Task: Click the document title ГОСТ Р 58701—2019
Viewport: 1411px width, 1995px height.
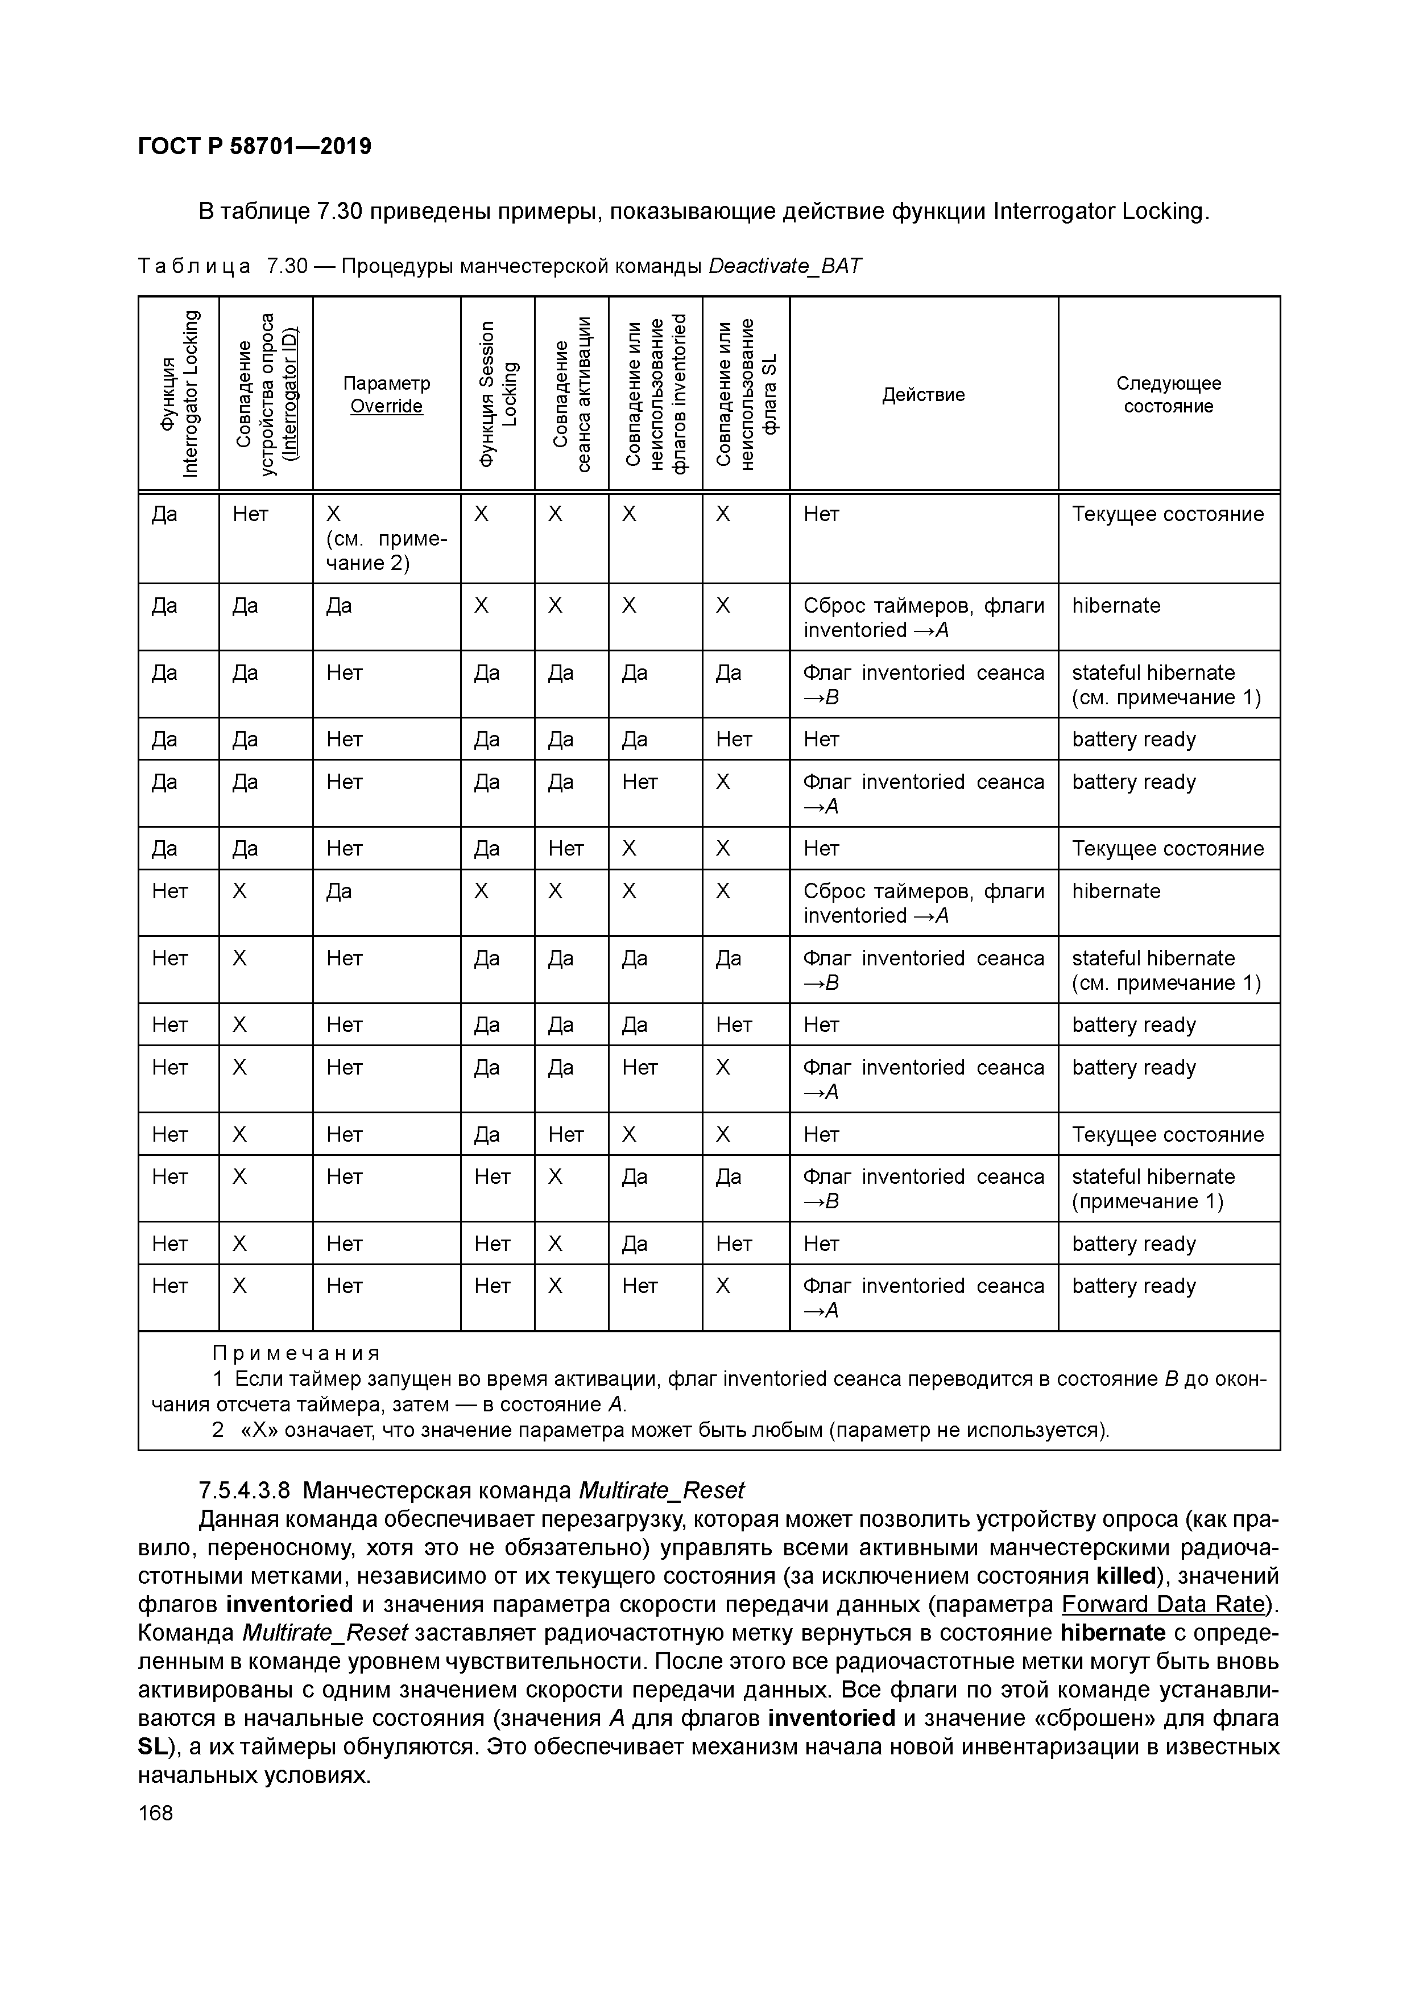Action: click(255, 146)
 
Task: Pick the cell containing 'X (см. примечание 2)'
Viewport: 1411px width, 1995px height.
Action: click(386, 538)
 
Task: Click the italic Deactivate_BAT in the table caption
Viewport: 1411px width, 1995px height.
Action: click(785, 266)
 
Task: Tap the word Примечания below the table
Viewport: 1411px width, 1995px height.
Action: click(296, 1353)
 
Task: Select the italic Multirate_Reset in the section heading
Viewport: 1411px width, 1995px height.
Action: click(660, 1490)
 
